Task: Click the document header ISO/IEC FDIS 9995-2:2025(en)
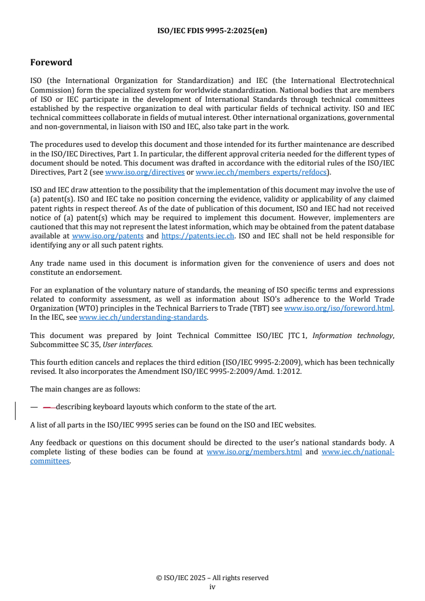(x=212, y=31)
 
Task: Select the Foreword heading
(x=51, y=63)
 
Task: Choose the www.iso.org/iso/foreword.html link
(x=339, y=309)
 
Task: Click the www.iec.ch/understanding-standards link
(x=143, y=317)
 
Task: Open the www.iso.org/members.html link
(x=254, y=452)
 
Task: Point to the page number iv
(x=212, y=587)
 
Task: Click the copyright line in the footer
(x=212, y=578)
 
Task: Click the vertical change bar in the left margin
(x=16, y=411)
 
